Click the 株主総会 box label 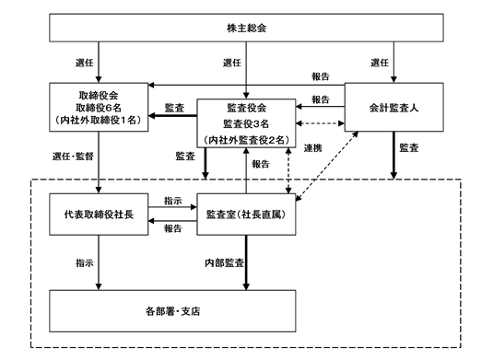(x=247, y=28)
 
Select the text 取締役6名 (x=99, y=108)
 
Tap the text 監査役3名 (x=246, y=123)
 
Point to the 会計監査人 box (x=394, y=107)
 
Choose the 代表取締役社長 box (x=99, y=215)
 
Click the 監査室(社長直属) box (x=246, y=215)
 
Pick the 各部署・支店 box (x=172, y=311)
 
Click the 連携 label (x=312, y=147)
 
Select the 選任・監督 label (x=73, y=157)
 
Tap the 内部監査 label (x=224, y=262)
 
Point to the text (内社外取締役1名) (x=99, y=120)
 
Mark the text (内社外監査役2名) (x=246, y=140)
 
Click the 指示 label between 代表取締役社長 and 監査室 (x=173, y=201)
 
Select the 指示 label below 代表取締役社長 (x=85, y=262)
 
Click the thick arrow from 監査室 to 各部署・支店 (x=246, y=262)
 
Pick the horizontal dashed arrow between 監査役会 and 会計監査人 (x=320, y=123)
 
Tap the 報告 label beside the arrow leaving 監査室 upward (x=261, y=164)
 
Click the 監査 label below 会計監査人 (x=409, y=147)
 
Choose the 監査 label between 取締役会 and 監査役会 (x=174, y=108)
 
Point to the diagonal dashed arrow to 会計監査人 (x=327, y=166)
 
